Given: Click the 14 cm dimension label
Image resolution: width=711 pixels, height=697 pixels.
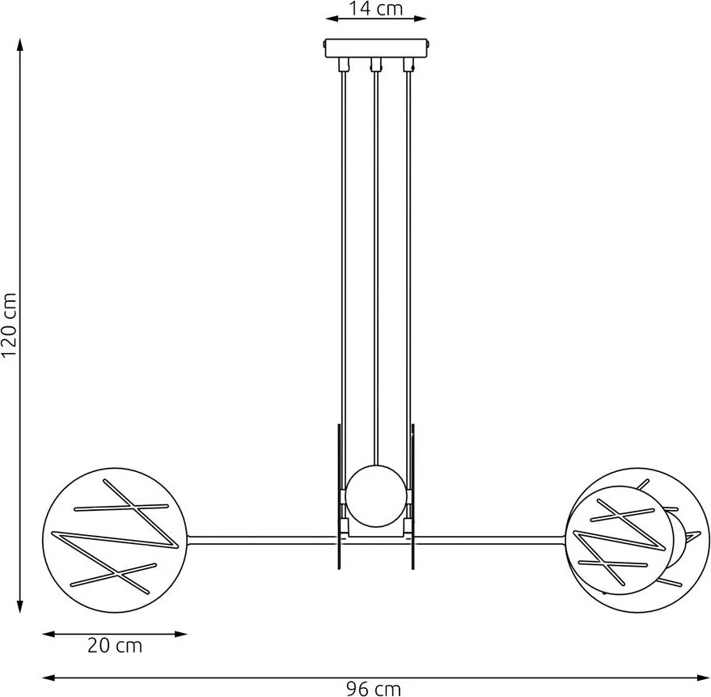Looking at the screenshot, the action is point(375,9).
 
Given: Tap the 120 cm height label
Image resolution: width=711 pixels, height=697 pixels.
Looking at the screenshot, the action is point(9,325).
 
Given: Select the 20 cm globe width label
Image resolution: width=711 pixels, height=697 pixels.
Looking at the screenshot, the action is point(115,645).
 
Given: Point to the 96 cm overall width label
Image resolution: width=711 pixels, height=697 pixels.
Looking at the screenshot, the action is point(374,689).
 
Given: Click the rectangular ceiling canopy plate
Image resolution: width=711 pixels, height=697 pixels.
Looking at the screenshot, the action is point(376,48).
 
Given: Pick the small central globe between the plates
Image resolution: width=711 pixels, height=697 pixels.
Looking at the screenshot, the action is point(375,496).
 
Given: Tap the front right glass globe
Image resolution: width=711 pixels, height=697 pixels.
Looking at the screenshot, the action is point(620,540).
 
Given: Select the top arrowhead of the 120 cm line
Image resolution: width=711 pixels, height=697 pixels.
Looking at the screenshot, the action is point(20,45).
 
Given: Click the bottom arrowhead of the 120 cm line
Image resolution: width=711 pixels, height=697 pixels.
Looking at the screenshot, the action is point(20,606).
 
